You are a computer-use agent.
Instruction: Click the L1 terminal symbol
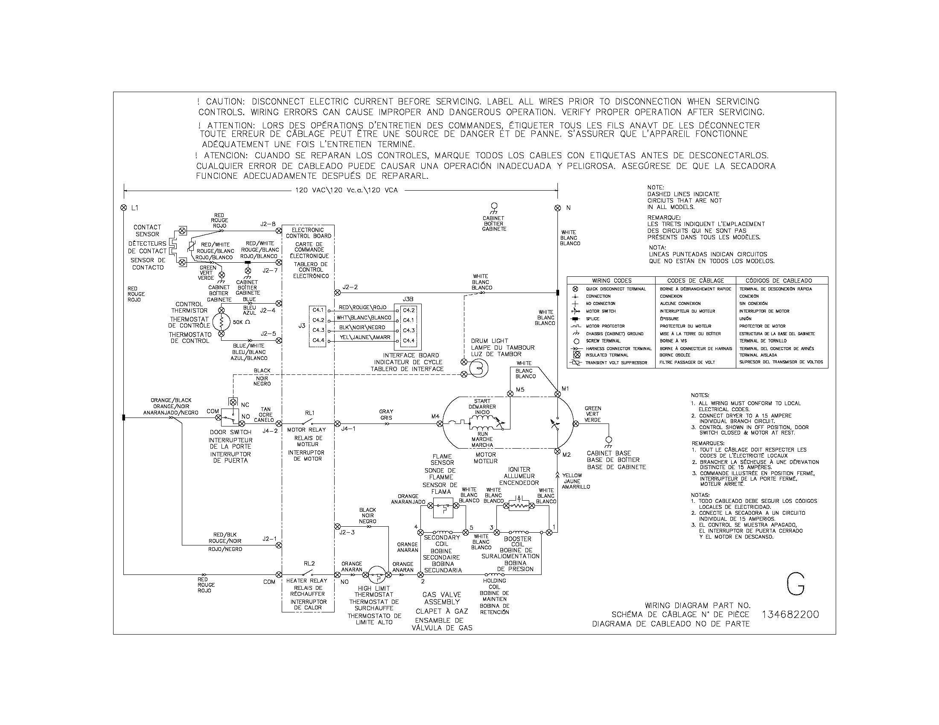coord(124,208)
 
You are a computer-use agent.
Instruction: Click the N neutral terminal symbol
coord(558,208)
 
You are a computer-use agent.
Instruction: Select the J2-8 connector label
coord(268,224)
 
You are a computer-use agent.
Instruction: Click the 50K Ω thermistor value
coord(242,322)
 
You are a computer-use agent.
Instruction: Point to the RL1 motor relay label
coord(309,413)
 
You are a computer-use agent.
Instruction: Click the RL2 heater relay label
coord(309,563)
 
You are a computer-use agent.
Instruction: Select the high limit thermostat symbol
coord(377,575)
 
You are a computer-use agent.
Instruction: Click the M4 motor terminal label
coord(435,416)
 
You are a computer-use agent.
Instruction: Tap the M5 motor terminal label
coord(520,389)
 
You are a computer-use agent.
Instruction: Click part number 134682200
coord(790,615)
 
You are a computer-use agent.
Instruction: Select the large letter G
coord(796,585)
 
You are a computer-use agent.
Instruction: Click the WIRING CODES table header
coord(611,281)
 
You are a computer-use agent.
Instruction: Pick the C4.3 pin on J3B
coord(408,330)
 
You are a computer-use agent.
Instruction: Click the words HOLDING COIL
coord(494,584)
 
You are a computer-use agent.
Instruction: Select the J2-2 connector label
coord(350,287)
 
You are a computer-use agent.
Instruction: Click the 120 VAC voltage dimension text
coord(346,190)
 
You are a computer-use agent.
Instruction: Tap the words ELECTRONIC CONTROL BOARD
coord(308,233)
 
